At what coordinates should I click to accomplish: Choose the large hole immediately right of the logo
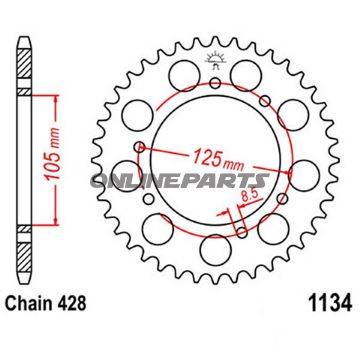(251, 75)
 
